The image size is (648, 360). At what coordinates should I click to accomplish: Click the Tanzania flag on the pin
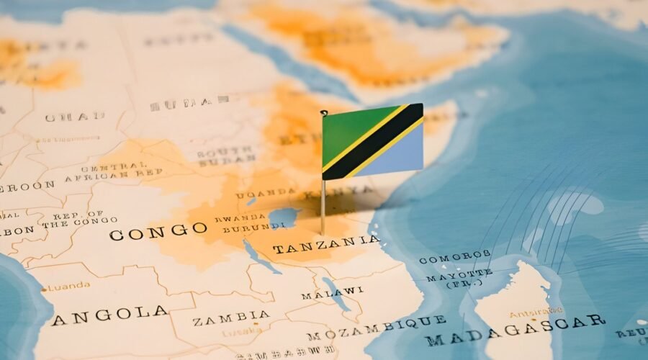point(372,142)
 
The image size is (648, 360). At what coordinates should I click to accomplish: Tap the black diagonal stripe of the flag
point(372,142)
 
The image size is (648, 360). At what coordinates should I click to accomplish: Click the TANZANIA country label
point(326,246)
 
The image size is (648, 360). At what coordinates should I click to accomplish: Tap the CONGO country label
point(158,232)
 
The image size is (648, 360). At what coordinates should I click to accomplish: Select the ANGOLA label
point(109,315)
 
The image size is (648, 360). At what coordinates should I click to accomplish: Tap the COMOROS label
point(454,257)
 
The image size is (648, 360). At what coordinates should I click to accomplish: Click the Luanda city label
point(69,286)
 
